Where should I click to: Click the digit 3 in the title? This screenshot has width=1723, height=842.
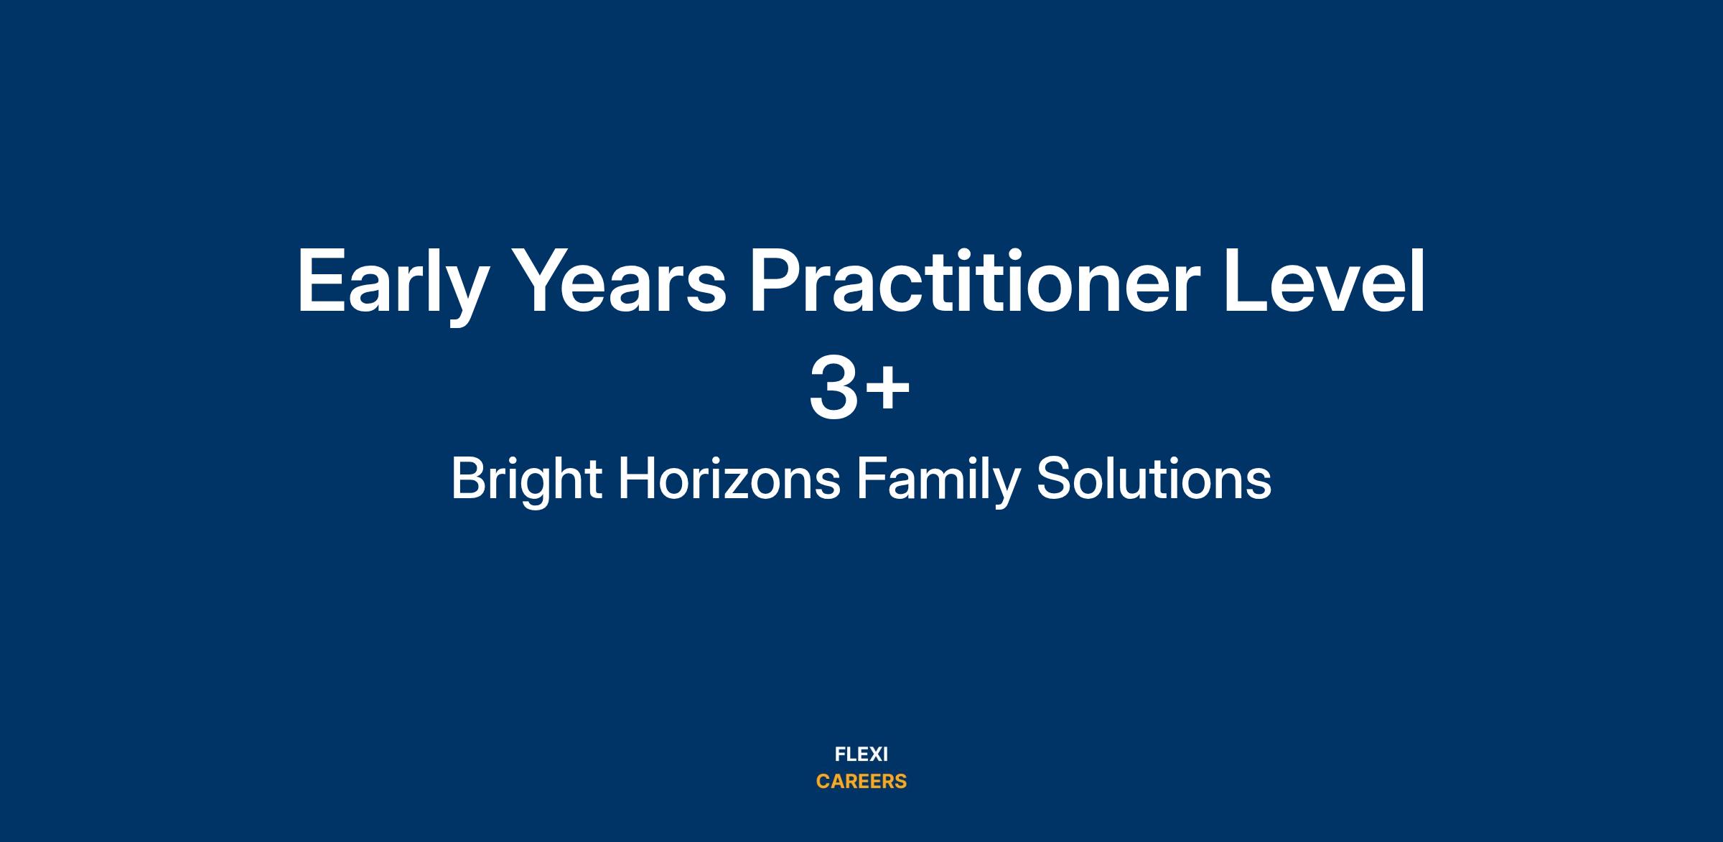(x=834, y=387)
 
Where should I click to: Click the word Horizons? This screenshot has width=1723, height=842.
(x=729, y=479)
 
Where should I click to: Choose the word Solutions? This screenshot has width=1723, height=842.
(x=1154, y=479)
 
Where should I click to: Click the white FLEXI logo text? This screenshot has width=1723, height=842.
(x=861, y=754)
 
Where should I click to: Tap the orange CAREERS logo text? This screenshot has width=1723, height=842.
(x=861, y=782)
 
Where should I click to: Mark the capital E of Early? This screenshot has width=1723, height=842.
(x=321, y=281)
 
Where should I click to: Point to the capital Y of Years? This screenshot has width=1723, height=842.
(x=546, y=281)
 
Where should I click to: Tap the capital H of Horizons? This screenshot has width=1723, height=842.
(x=636, y=478)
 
